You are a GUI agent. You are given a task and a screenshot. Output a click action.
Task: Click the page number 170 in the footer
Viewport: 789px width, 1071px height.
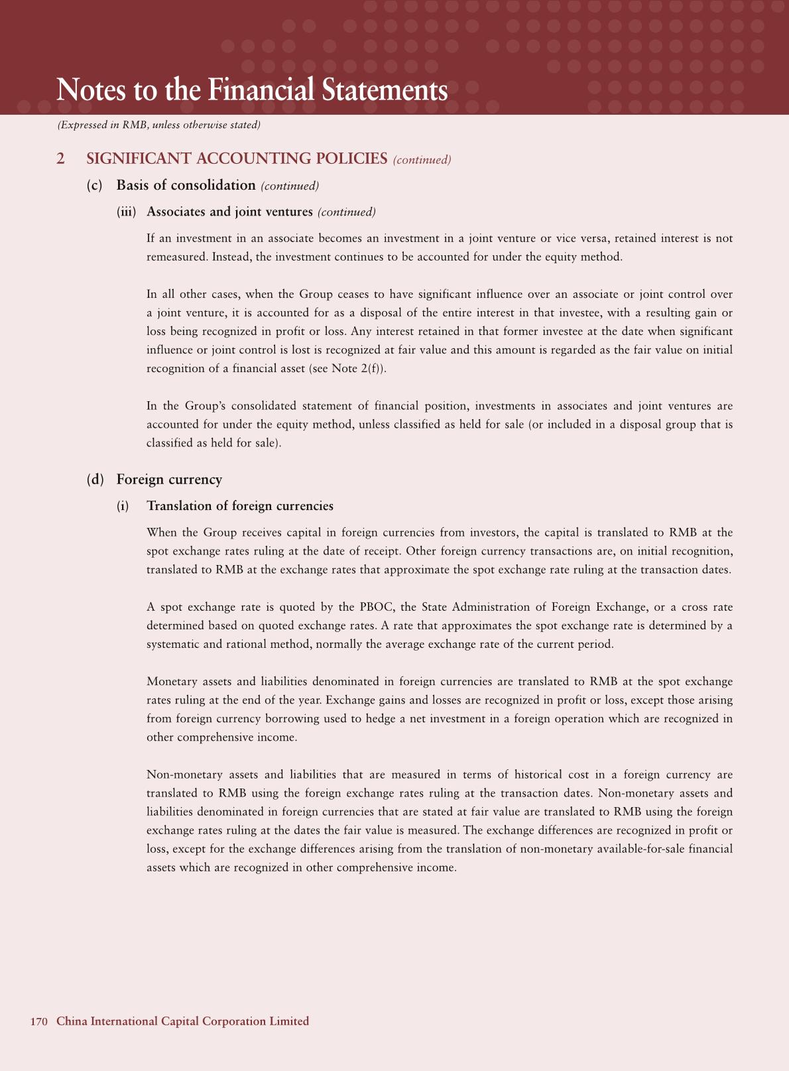(39, 1021)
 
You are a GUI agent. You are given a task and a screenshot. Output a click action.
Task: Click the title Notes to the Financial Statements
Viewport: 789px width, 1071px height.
(252, 90)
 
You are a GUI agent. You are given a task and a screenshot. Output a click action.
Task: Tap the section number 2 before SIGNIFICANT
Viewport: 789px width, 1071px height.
(60, 158)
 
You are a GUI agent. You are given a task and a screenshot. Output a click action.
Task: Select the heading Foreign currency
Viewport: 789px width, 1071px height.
(169, 479)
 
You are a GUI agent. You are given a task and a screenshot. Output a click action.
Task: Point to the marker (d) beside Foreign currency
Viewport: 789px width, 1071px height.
(95, 479)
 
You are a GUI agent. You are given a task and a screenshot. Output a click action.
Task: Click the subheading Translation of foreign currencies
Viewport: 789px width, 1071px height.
(240, 506)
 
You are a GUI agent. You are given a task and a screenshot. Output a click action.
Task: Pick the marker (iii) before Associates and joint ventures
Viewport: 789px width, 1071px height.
(126, 212)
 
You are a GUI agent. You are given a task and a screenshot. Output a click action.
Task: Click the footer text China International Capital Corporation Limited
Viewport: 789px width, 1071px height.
(183, 1021)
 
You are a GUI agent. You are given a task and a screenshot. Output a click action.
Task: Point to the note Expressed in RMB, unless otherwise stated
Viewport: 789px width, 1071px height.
(159, 125)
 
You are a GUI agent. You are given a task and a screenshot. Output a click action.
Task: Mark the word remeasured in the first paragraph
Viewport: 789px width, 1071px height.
(176, 257)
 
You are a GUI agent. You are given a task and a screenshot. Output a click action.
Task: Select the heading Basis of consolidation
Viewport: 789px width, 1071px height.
(186, 185)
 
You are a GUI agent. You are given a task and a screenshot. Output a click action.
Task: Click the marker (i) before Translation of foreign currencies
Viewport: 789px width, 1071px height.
(123, 506)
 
